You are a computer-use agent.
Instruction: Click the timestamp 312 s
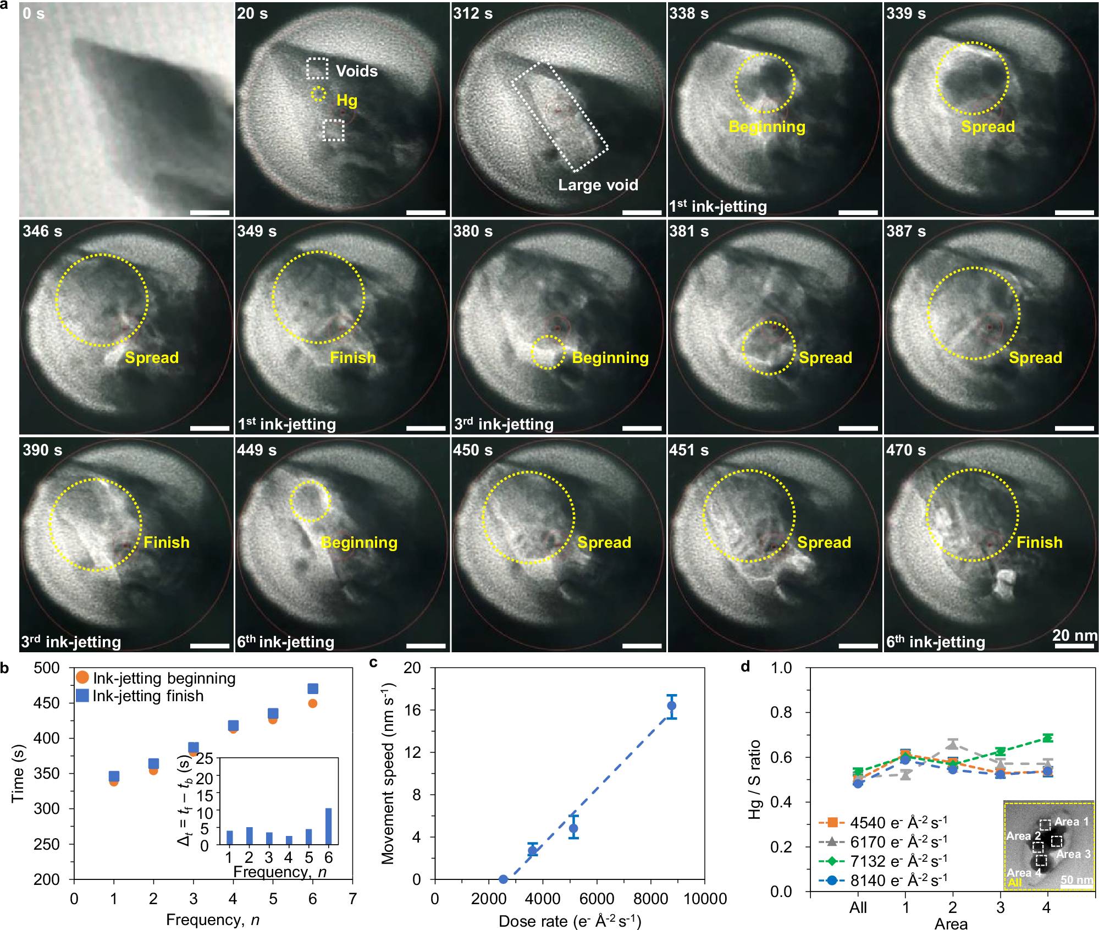point(472,14)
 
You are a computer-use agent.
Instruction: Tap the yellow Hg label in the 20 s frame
point(346,101)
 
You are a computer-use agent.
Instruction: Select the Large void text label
point(598,185)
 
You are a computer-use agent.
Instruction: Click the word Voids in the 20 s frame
point(356,71)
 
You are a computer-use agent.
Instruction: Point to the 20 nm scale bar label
point(1074,635)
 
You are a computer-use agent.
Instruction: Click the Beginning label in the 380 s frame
point(610,358)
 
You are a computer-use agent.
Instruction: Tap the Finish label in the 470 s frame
point(1039,542)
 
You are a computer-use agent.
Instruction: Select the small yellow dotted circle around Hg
point(318,93)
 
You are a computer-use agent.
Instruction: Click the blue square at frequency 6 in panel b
point(313,689)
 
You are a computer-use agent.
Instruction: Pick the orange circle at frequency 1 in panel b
point(114,782)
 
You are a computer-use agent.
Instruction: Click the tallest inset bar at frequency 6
point(328,826)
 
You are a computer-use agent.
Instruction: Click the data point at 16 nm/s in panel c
point(671,706)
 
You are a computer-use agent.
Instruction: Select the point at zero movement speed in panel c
point(503,879)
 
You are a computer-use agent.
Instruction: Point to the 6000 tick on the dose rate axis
point(597,899)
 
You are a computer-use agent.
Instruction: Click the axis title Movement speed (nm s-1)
point(388,773)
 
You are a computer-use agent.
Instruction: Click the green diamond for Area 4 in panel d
point(1047,738)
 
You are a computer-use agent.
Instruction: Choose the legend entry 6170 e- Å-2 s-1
point(897,842)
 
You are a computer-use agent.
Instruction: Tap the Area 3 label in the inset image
point(1073,854)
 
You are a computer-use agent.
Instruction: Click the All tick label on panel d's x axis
point(858,907)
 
